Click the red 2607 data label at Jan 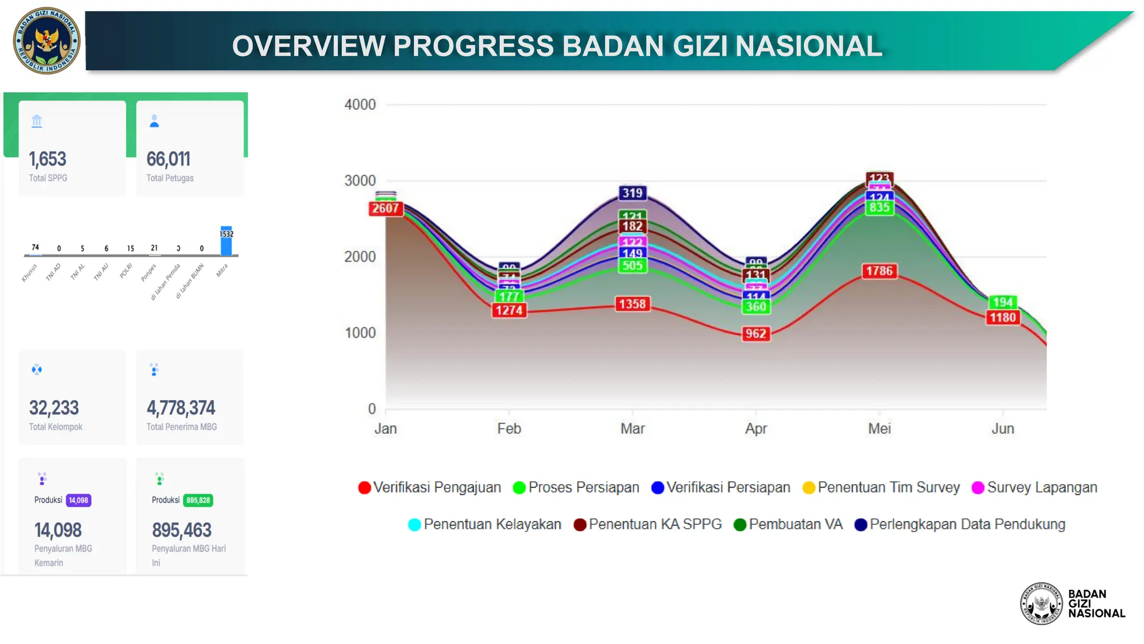pos(385,209)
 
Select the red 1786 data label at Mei pos(879,271)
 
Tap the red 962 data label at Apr pos(756,334)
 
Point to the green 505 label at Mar pos(632,266)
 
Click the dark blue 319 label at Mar pos(632,193)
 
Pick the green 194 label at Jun pos(1003,302)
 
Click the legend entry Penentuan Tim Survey pos(888,487)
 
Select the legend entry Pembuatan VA pos(795,524)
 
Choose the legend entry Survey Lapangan pos(1042,487)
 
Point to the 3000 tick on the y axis pos(360,181)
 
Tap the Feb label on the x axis pos(509,429)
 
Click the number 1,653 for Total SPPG pos(47,159)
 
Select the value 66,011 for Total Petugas pos(168,159)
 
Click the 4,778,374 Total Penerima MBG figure pos(180,408)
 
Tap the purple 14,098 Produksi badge pos(78,500)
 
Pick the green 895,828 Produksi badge pos(198,500)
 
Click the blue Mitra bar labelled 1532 pos(226,243)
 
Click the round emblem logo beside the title pos(46,41)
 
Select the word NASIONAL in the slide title pos(809,46)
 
